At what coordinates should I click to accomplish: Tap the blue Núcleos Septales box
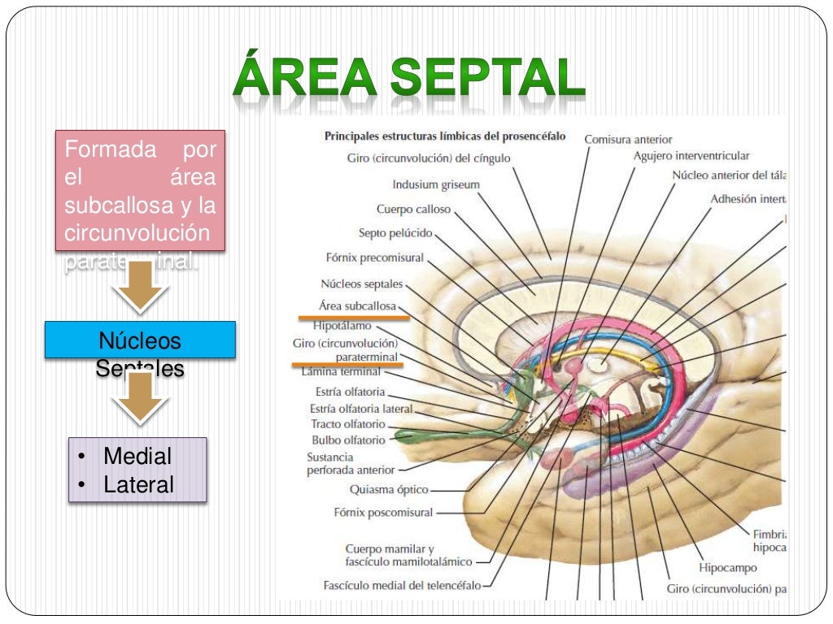[x=140, y=340]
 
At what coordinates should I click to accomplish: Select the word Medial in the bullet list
[x=137, y=457]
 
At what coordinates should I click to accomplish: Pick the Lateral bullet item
[x=138, y=485]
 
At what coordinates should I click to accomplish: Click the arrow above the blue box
[x=140, y=286]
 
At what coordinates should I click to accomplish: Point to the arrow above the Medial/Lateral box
[x=140, y=398]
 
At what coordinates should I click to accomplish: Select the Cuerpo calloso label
[x=413, y=209]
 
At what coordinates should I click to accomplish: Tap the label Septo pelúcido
[x=396, y=233]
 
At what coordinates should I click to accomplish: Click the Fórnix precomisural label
[x=374, y=258]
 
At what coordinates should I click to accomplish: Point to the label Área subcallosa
[x=359, y=306]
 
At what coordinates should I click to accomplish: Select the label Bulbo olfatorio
[x=348, y=440]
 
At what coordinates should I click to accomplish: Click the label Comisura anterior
[x=628, y=140]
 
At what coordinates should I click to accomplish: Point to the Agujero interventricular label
[x=691, y=155]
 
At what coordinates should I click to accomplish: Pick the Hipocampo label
[x=728, y=567]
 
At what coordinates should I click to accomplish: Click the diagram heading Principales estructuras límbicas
[x=445, y=136]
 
